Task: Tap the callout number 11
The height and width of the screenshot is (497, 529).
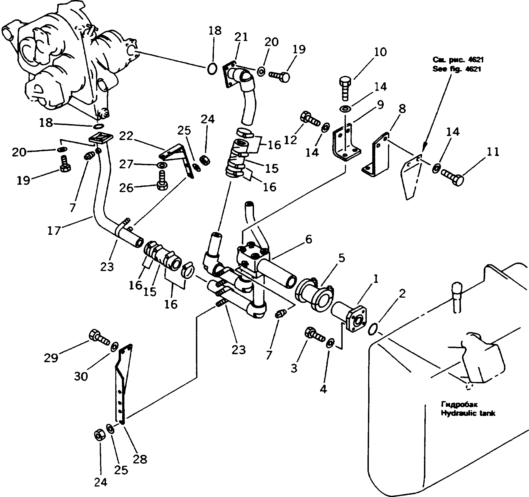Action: pyautogui.click(x=492, y=152)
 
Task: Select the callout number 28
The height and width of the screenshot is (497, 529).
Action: pyautogui.click(x=140, y=459)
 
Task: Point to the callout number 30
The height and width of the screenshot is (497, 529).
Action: pyautogui.click(x=81, y=377)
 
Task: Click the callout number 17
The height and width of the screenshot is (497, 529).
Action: pyautogui.click(x=54, y=231)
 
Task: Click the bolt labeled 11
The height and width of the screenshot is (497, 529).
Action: pyautogui.click(x=452, y=178)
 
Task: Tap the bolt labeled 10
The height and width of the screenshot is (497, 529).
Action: pyautogui.click(x=346, y=88)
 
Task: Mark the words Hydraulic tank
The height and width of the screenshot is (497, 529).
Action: pyautogui.click(x=468, y=413)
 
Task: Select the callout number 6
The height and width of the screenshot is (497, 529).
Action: pyautogui.click(x=309, y=239)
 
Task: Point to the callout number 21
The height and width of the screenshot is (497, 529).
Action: pyautogui.click(x=241, y=37)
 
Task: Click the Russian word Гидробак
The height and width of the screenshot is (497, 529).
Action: pyautogui.click(x=459, y=405)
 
